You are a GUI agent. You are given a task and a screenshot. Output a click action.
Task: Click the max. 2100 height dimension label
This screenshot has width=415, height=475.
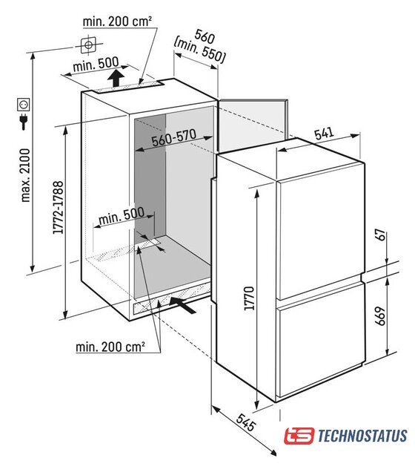point(25,175)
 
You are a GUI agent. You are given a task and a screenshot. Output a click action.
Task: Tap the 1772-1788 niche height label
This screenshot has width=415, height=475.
point(58,208)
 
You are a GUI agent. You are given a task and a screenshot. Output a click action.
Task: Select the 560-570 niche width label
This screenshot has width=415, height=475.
point(174,138)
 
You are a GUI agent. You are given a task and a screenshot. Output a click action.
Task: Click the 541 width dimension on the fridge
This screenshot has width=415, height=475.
point(324,134)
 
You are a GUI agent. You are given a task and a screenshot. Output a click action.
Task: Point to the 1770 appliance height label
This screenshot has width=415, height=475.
point(249,298)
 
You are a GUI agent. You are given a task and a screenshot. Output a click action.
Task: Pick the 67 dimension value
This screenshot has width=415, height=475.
point(382,235)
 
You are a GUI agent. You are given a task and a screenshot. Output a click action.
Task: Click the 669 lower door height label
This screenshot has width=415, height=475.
point(380,316)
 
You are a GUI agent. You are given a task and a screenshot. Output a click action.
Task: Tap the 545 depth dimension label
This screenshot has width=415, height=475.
point(246,422)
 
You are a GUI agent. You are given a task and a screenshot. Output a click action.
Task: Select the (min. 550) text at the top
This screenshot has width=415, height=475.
point(199,50)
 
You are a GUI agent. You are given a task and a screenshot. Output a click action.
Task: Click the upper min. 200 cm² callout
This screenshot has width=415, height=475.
point(117,22)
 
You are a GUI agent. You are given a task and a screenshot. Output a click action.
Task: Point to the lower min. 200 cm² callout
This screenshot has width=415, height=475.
point(110,347)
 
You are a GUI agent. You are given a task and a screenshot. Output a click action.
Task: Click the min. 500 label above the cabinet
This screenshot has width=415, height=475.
point(96,65)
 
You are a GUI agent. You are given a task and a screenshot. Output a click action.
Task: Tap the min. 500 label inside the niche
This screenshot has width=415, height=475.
point(122,216)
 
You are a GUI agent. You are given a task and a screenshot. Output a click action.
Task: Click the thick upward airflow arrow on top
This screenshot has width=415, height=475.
point(116,79)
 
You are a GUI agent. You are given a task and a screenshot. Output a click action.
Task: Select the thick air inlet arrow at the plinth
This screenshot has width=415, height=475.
point(183,305)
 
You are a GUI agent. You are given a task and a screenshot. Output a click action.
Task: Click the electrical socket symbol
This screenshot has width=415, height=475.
point(23,105)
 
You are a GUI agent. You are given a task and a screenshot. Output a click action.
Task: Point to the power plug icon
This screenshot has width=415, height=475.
point(23,121)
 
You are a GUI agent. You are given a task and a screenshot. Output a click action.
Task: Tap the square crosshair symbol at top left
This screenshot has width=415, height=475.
point(88,45)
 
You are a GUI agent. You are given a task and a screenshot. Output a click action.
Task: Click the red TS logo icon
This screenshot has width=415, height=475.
point(299,436)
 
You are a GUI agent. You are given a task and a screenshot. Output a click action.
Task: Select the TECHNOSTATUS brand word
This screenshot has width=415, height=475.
point(362,436)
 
